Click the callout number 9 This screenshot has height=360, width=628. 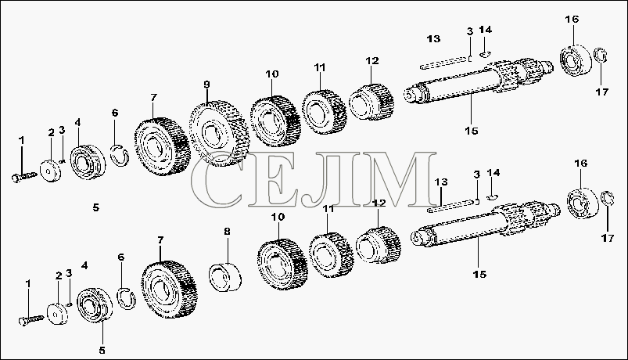[206, 85]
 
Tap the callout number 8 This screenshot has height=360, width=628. [227, 232]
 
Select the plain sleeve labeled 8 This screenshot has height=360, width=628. [226, 276]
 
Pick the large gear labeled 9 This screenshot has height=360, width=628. [219, 134]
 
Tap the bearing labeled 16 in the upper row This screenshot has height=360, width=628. [576, 60]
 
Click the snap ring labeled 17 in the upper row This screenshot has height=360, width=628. [601, 56]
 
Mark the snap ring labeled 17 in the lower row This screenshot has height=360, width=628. [608, 199]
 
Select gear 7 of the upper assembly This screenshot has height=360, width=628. [161, 146]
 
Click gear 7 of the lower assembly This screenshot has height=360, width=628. [169, 290]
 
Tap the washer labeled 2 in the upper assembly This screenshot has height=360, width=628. [51, 171]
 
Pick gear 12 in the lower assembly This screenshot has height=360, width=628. [378, 244]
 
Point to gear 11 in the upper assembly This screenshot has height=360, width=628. [324, 111]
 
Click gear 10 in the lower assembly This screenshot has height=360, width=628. [282, 265]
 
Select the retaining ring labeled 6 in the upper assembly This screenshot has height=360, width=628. [120, 155]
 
